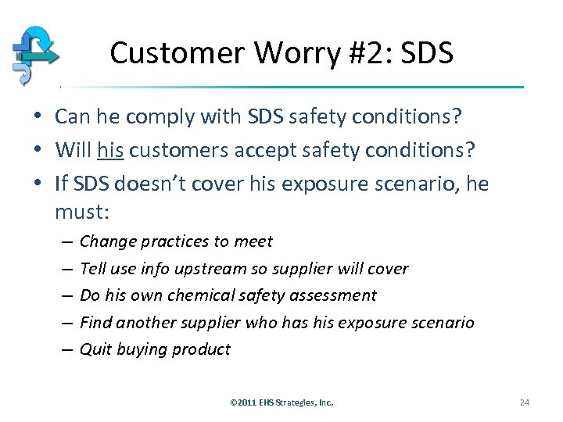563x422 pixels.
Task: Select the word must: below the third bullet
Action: [81, 211]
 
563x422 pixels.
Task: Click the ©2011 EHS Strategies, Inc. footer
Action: [281, 402]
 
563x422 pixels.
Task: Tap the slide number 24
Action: [524, 402]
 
